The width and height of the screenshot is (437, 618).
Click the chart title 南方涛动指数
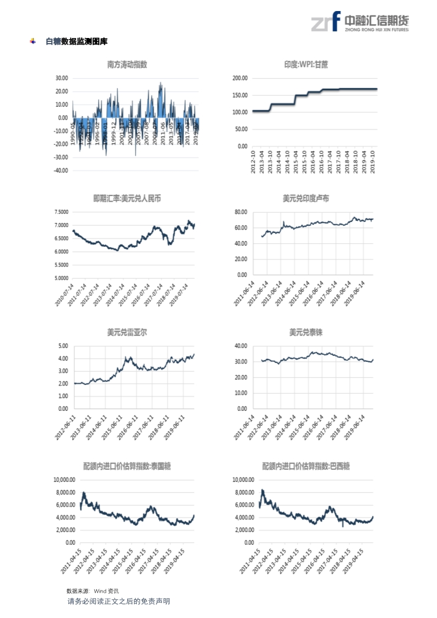pyautogui.click(x=127, y=64)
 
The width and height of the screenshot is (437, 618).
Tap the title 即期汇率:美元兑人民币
pyautogui.click(x=127, y=198)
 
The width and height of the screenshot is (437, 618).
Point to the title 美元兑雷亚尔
pyautogui.click(x=127, y=333)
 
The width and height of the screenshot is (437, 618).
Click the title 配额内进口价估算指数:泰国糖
pyautogui.click(x=127, y=467)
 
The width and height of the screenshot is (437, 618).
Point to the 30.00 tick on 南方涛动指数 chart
pyautogui.click(x=61, y=78)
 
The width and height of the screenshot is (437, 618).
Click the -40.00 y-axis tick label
pyautogui.click(x=60, y=170)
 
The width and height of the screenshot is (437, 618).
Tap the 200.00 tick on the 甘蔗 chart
pyautogui.click(x=240, y=78)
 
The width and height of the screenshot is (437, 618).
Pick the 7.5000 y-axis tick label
pyautogui.click(x=59, y=212)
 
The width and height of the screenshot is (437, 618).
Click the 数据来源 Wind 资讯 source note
pyautogui.click(x=92, y=590)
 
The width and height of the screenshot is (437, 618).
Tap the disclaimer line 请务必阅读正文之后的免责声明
pyautogui.click(x=118, y=601)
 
